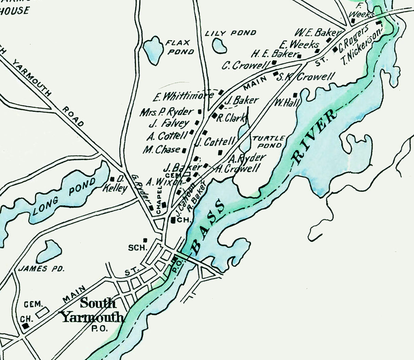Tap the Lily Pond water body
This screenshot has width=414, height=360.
219,45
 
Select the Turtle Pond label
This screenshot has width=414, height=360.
268,142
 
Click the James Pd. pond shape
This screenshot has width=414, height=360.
49,251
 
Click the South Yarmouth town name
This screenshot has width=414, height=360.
92,311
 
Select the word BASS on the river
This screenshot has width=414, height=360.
209,227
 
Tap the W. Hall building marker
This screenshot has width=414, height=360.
295,95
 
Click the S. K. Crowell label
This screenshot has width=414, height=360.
306,77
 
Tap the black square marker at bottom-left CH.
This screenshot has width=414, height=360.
25,326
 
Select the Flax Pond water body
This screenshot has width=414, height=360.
152,50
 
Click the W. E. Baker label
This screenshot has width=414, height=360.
317,32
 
